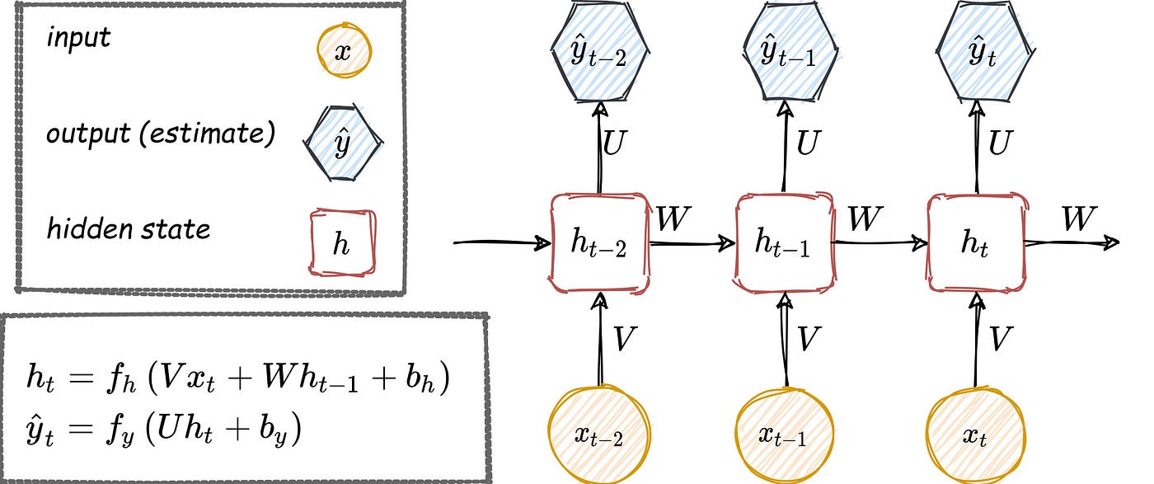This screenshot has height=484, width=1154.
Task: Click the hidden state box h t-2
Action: [x=599, y=244]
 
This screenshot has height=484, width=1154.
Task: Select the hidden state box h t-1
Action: [x=783, y=244]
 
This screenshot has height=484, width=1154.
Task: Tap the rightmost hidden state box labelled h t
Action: [x=977, y=244]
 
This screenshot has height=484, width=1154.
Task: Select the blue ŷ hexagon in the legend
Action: [x=341, y=143]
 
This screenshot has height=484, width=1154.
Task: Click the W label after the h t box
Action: [x=1079, y=219]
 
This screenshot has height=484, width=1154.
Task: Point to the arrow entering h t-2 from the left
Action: [x=503, y=243]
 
